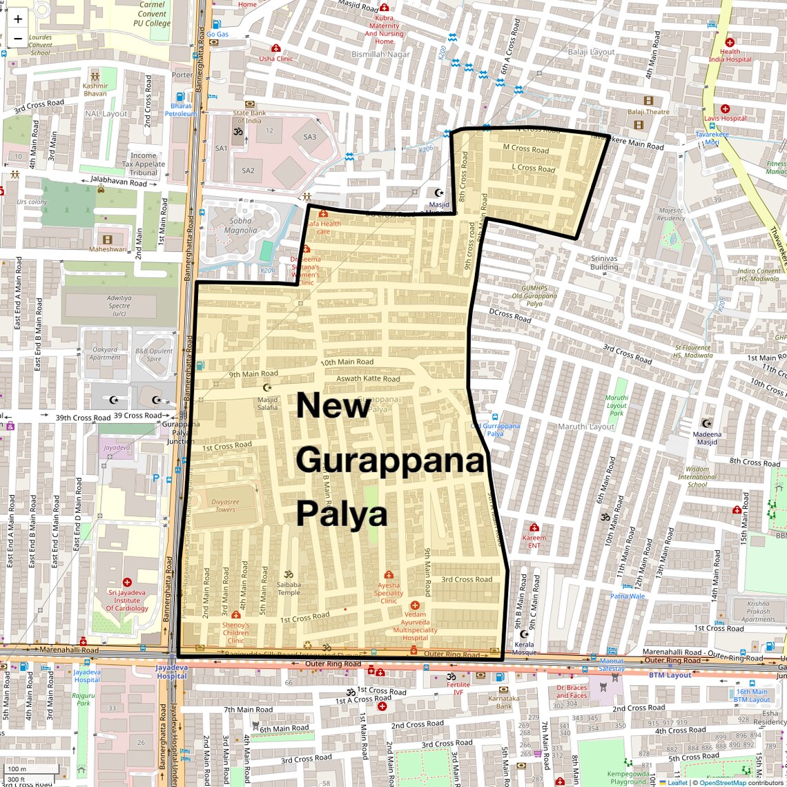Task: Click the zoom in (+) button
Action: (18, 19)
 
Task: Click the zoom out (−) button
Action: (18, 38)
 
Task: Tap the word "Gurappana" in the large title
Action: (391, 460)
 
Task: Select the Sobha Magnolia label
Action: (240, 226)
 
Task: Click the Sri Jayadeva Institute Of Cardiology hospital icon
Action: (127, 583)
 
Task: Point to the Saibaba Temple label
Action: (289, 588)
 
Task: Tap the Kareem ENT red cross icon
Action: (534, 527)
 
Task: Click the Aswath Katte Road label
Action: (368, 378)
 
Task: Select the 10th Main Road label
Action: (347, 362)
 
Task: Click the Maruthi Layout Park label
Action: (616, 405)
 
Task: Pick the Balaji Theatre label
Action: (648, 112)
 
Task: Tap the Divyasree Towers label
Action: (225, 506)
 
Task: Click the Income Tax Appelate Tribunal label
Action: (144, 164)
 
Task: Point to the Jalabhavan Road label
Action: (118, 182)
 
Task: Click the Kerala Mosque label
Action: (525, 648)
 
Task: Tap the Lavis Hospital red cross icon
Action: (725, 108)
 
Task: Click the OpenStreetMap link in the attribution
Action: (722, 783)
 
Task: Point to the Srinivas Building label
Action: (604, 262)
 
